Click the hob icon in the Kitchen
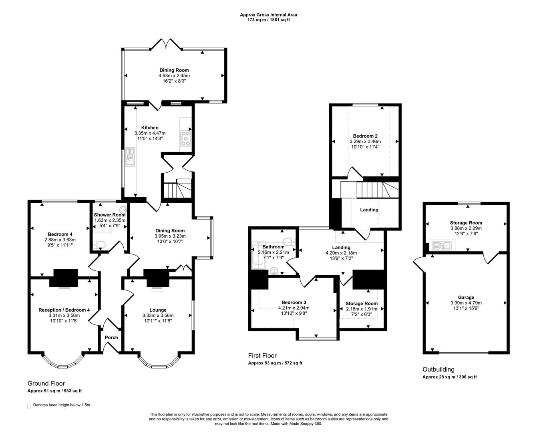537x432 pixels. click(x=185, y=138)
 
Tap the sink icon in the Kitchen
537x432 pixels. click(x=129, y=157)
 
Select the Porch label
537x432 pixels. click(x=111, y=337)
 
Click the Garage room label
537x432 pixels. click(x=466, y=297)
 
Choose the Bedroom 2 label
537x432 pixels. click(x=365, y=136)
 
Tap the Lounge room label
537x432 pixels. click(x=158, y=310)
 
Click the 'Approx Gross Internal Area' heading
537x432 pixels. click(x=268, y=15)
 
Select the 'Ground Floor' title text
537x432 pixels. click(x=46, y=383)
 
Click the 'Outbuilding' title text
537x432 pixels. click(x=438, y=369)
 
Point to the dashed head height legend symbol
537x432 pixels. click(x=29, y=405)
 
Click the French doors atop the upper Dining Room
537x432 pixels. click(x=167, y=44)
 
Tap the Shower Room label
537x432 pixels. click(x=110, y=215)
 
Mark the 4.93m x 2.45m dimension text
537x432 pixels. click(x=174, y=76)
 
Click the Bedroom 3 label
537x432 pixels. click(x=294, y=302)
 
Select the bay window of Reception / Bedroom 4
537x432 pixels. click(x=63, y=363)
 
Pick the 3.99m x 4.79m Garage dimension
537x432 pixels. click(x=466, y=303)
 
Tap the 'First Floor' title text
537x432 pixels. click(x=262, y=356)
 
